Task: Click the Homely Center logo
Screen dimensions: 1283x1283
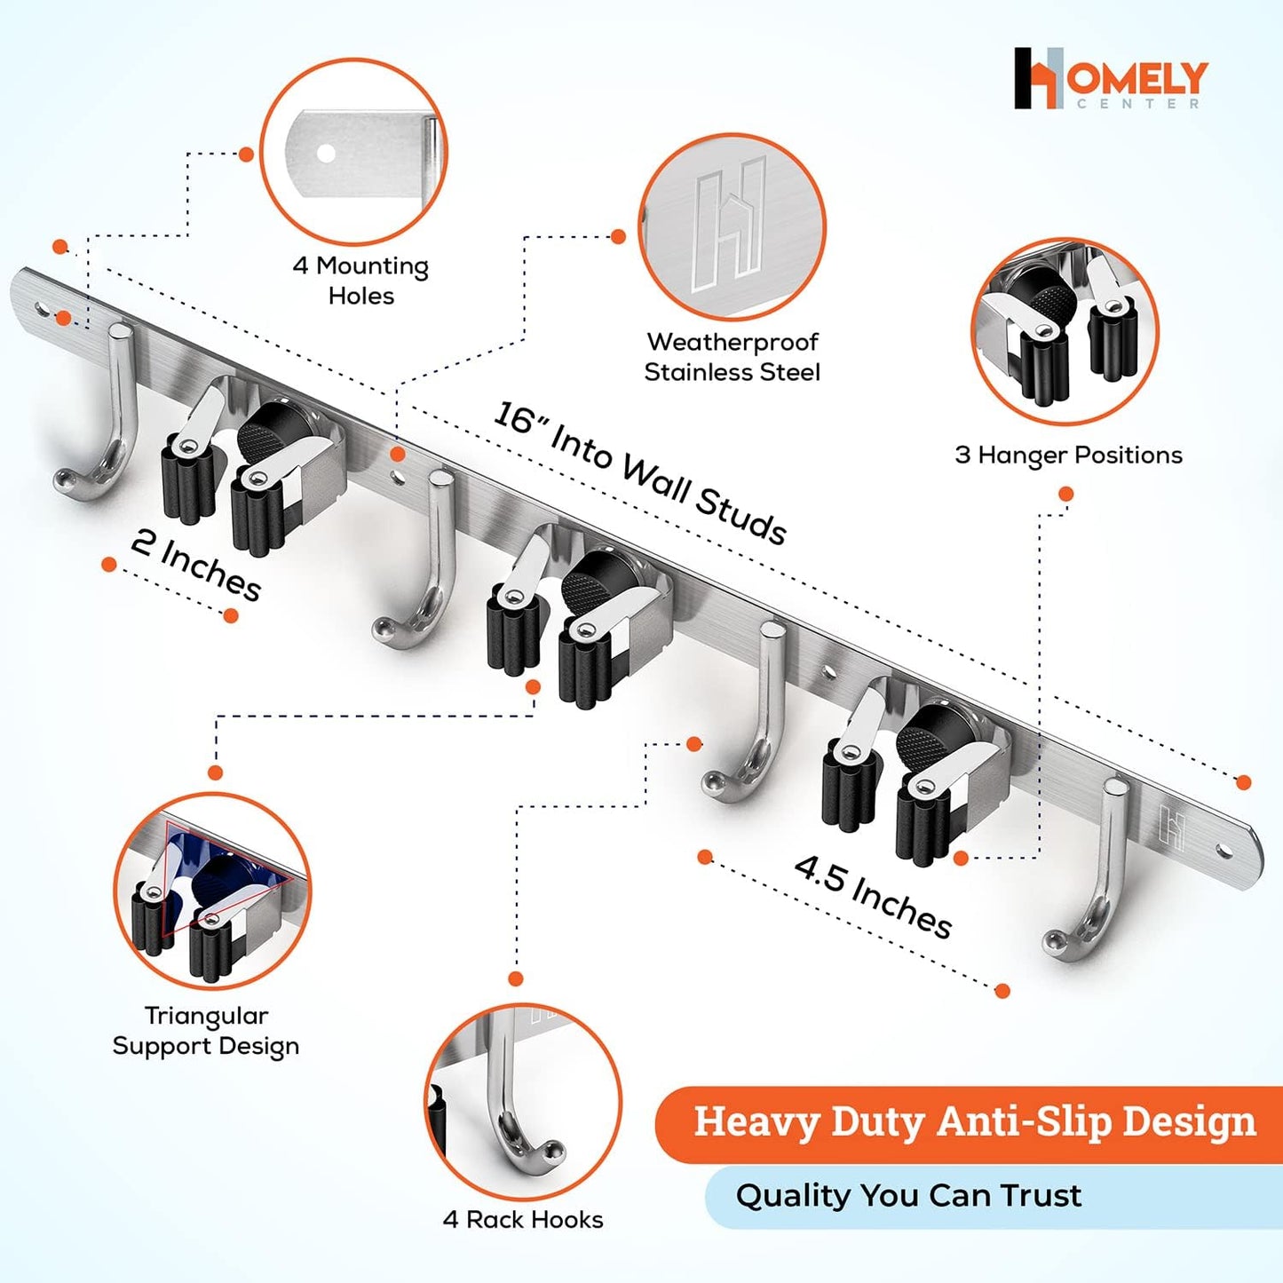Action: click(1110, 78)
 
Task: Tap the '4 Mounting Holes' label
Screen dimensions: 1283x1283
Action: click(360, 281)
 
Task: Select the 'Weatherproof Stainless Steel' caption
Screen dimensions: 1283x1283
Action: click(733, 357)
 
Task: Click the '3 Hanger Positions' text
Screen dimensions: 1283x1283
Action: click(1068, 455)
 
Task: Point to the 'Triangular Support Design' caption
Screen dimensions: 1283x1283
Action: click(206, 1031)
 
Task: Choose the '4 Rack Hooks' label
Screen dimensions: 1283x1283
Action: click(523, 1220)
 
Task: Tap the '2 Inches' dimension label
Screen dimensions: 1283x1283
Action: click(196, 565)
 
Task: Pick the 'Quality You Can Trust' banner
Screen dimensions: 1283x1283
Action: click(908, 1196)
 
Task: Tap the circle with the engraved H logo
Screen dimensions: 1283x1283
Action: click(732, 227)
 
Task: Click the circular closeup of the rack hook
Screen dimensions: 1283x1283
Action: click(522, 1102)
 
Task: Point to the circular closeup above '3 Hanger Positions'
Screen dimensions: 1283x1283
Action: click(1065, 331)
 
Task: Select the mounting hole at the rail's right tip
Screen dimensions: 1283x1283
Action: click(1224, 851)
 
